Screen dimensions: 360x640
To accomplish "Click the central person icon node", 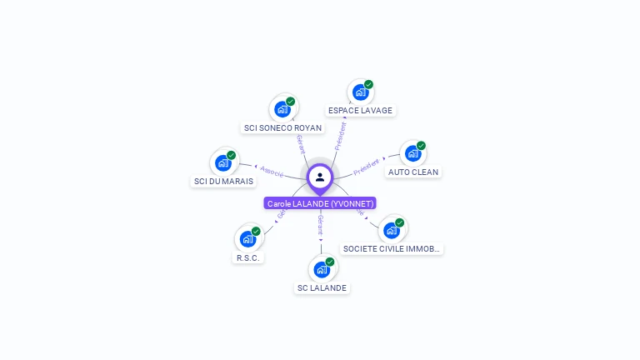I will coord(320,177).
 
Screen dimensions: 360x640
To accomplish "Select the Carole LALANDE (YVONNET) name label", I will coord(321,203).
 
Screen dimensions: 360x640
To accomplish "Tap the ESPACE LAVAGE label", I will coord(360,110).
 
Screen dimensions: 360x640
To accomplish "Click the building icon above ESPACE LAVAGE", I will coord(360,92).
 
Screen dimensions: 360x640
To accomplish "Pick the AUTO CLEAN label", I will coord(413,172).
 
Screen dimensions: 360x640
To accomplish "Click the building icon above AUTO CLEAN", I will coord(412,153).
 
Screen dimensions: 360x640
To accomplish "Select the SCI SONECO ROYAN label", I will coord(282,127).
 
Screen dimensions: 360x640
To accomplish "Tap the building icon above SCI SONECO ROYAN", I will coord(282,108).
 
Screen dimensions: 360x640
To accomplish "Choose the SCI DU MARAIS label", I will coord(223,181).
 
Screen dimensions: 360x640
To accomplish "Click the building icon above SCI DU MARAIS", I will coord(222,162).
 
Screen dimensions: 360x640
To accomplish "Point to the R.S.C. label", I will coord(247,257).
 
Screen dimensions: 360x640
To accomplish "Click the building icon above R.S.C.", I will coord(247,238).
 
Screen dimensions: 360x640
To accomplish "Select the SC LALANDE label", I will coord(322,287).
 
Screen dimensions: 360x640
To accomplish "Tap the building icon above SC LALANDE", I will coord(322,269).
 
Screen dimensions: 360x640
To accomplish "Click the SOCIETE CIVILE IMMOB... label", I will coord(392,248).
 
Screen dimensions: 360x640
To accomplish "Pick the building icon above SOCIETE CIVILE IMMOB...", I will coord(391,230).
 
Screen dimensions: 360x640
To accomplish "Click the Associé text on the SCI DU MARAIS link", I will coord(271,170).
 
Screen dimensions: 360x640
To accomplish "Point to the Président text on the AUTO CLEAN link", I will coord(366,167).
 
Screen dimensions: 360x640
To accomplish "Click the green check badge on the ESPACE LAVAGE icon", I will coord(368,84).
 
